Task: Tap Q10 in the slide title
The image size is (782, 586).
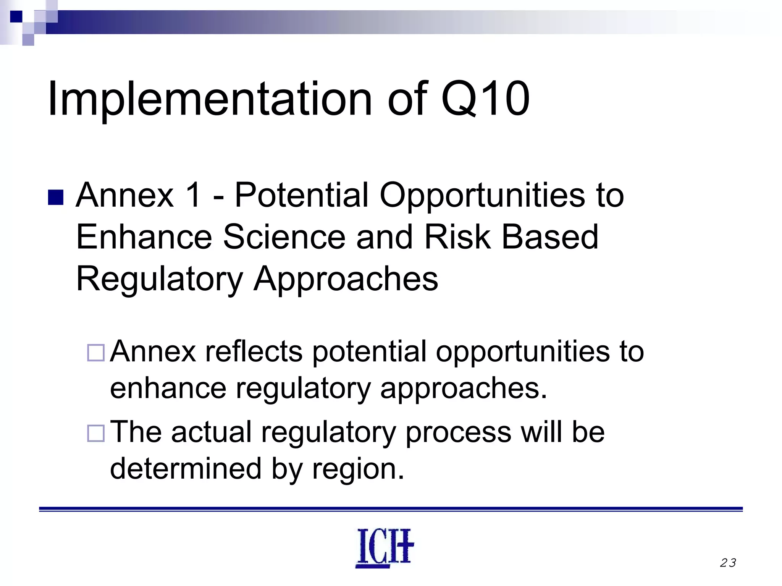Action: pos(485,99)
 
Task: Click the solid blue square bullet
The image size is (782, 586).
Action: pos(56,197)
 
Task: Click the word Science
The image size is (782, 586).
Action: pos(284,237)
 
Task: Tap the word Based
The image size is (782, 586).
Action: pos(549,237)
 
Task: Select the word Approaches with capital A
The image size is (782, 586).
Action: pos(346,280)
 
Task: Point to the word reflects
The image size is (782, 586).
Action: pos(254,351)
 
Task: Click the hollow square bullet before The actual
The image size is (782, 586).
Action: pos(95,433)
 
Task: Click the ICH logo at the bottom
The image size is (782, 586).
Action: pos(385,548)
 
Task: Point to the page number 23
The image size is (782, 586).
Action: pos(728,563)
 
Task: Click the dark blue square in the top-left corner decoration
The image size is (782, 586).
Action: pos(16,16)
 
